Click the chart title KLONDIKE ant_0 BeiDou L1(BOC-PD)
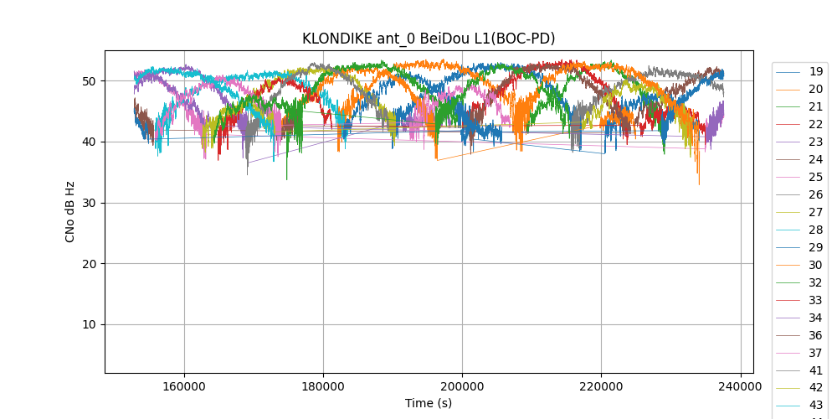point(429,39)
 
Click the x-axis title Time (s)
point(429,403)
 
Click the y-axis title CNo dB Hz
point(70,211)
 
